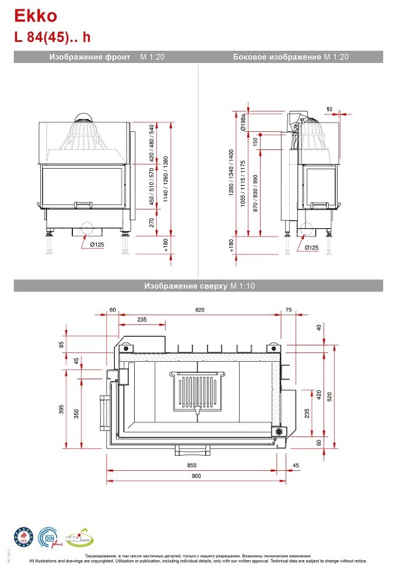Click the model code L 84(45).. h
pyautogui.click(x=52, y=37)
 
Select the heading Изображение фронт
pyautogui.click(x=90, y=57)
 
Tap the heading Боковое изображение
pyautogui.click(x=277, y=57)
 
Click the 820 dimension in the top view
pyautogui.click(x=200, y=310)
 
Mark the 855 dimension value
pyautogui.click(x=192, y=465)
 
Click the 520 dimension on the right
pyautogui.click(x=330, y=397)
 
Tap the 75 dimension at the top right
pyautogui.click(x=289, y=310)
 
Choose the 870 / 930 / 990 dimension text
pyautogui.click(x=255, y=193)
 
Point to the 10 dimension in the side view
pyautogui.click(x=329, y=109)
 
